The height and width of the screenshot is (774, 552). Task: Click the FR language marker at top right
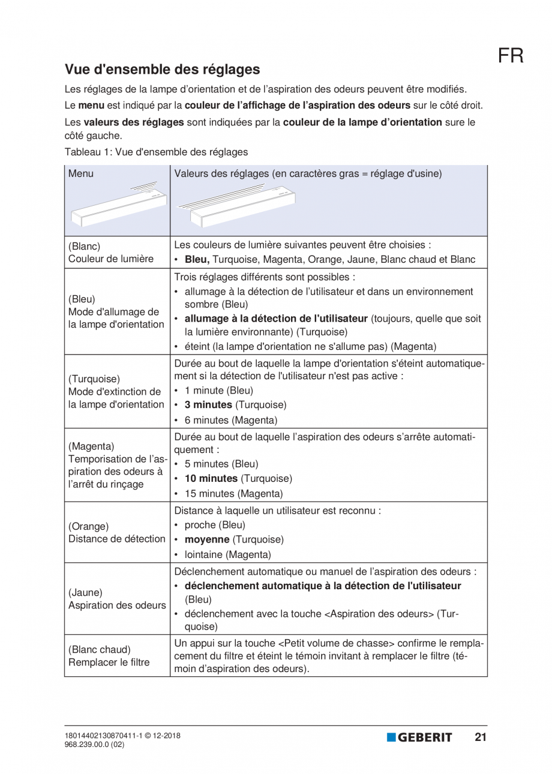pos(510,56)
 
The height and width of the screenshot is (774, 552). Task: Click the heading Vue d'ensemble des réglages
pos(162,70)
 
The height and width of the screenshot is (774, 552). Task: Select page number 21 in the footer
pos(480,737)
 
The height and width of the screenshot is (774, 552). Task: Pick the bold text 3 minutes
pos(211,404)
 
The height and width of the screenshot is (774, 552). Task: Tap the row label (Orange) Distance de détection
pos(116,533)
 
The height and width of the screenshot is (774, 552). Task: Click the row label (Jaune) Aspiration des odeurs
pos(116,599)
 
